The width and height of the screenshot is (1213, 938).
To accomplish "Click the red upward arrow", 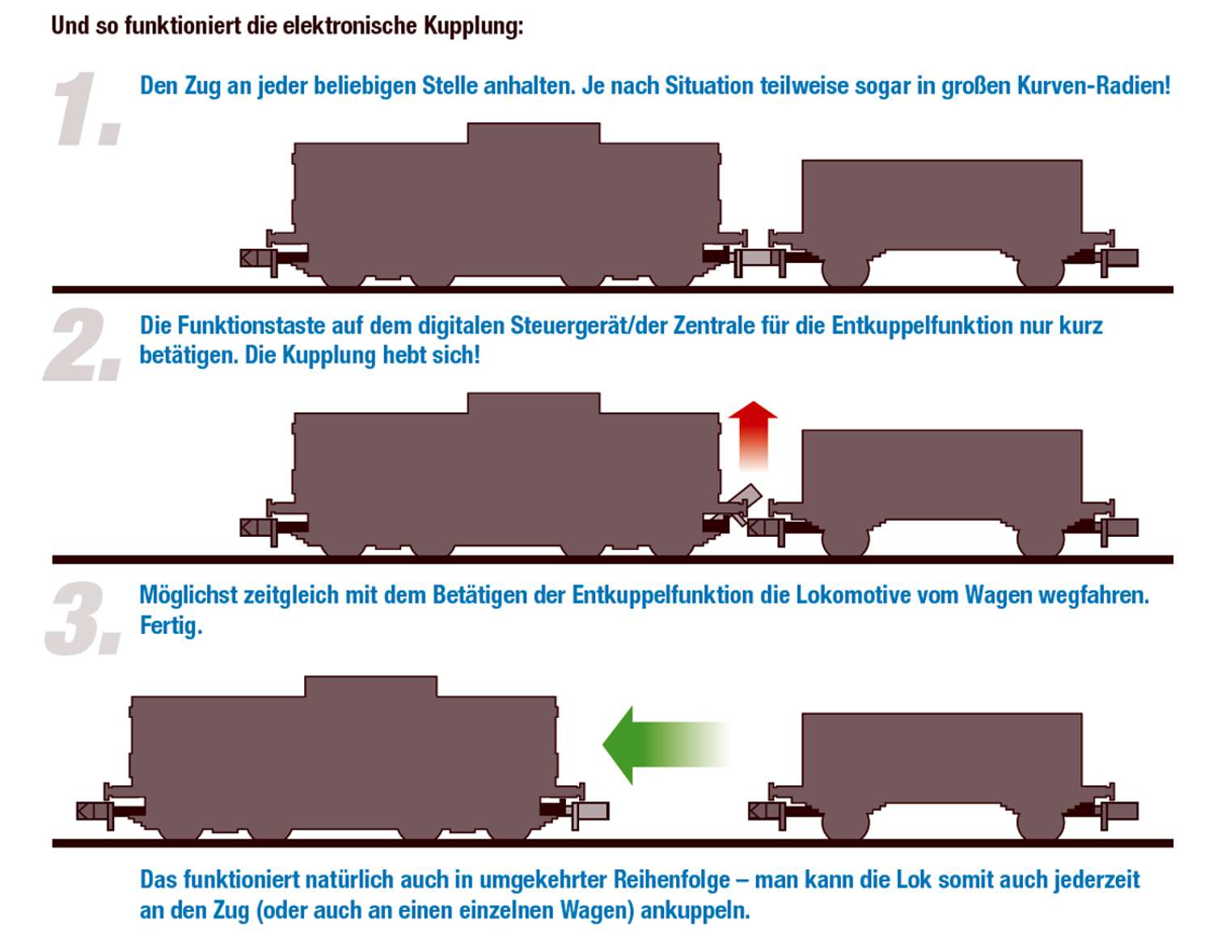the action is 753,436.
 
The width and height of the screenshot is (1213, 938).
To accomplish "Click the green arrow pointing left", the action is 664,745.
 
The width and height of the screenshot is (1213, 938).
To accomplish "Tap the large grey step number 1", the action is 87,109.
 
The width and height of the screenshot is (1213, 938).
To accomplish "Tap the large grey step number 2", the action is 82,344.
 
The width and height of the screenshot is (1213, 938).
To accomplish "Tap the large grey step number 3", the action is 84,618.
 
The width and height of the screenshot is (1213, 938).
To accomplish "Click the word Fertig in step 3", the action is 171,626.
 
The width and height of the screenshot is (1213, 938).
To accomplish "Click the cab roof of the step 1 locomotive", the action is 534,133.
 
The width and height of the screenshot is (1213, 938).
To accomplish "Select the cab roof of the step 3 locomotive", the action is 370,686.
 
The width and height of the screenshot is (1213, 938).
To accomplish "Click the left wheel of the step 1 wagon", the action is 845,272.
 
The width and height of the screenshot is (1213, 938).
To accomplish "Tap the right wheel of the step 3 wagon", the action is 1041,824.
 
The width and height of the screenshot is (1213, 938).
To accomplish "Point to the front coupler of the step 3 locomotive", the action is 589,811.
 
